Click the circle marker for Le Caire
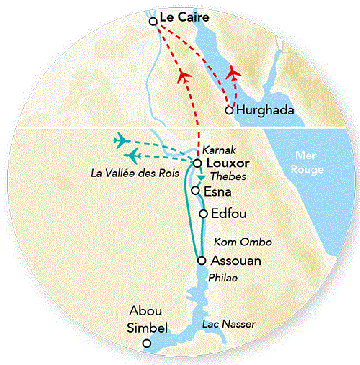[x=153, y=22]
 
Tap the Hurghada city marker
[x=229, y=110]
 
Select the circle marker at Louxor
[x=197, y=163]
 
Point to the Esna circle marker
[x=195, y=191]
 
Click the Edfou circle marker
[x=203, y=213]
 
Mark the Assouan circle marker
[x=201, y=261]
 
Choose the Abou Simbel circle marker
[x=147, y=343]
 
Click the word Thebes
[x=223, y=177]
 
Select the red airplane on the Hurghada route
[x=232, y=73]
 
